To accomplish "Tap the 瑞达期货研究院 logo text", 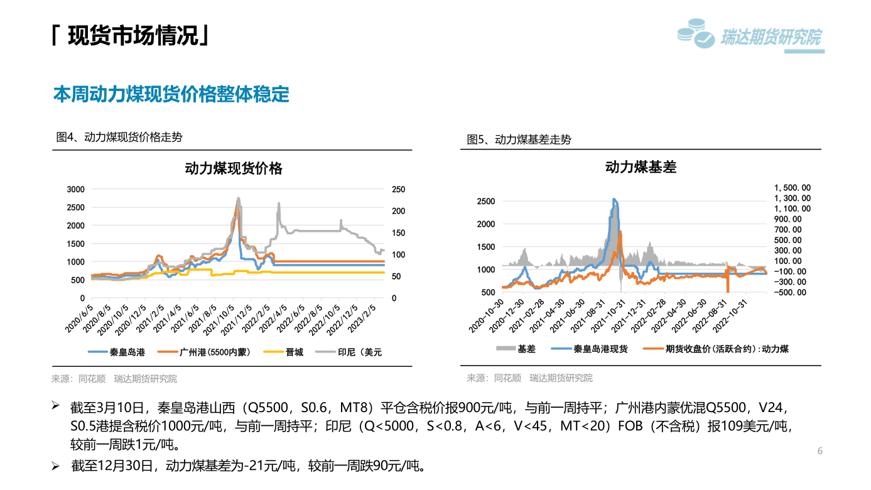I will (771, 37).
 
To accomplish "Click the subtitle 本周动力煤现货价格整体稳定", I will (171, 94).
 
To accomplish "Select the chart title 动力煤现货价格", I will (234, 168).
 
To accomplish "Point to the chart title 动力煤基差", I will (641, 167).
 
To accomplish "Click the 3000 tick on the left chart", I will (75, 190).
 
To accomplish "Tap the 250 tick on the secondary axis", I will (398, 190).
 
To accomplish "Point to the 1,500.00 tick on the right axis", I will (792, 187).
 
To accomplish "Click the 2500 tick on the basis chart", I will (486, 202).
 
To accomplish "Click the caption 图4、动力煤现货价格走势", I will (119, 137).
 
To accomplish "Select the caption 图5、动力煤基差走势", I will (519, 139).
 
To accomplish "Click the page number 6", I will (820, 451).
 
